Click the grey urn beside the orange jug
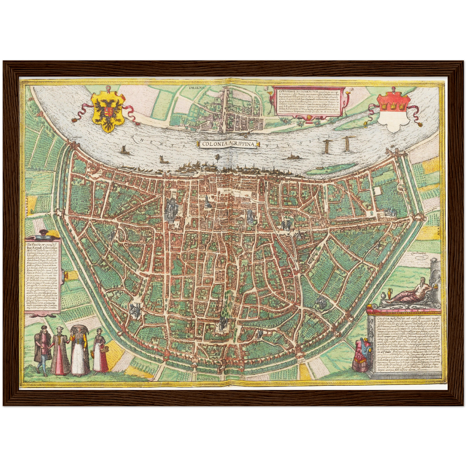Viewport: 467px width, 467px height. (383, 296)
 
